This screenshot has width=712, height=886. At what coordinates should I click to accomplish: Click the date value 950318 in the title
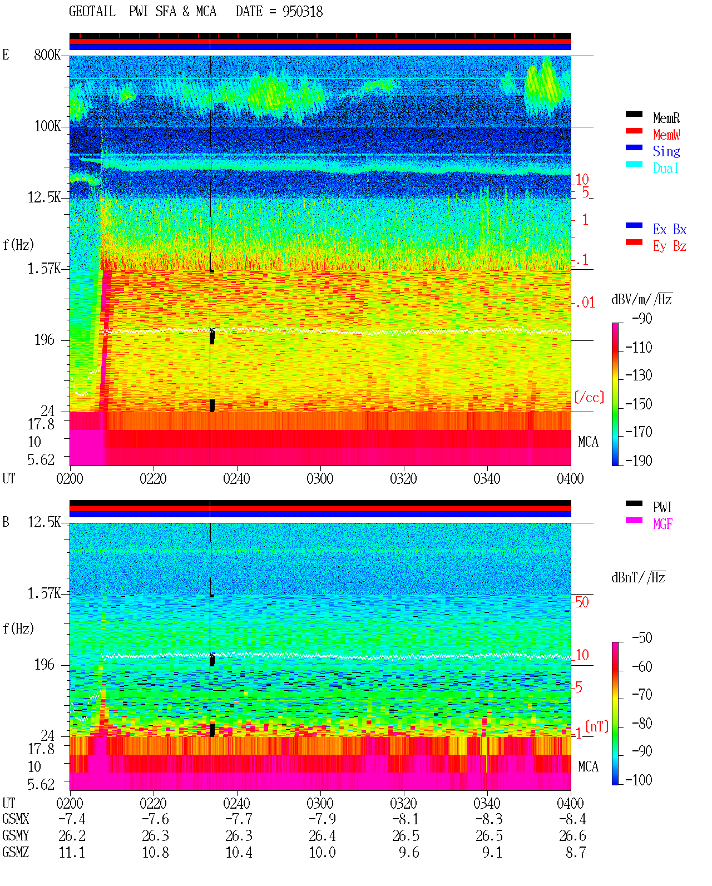tap(302, 12)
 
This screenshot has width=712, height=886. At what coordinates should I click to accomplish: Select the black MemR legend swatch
tap(634, 114)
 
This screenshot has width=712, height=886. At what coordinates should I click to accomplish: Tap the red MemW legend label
tap(666, 134)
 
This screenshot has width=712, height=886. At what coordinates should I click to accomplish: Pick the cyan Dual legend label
tap(665, 168)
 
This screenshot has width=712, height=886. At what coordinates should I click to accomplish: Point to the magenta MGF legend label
tap(662, 524)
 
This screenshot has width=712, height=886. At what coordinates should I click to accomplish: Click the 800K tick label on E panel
tap(47, 55)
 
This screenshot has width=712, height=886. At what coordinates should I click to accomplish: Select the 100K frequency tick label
tap(47, 126)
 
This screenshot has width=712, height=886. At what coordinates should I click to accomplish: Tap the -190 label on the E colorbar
tap(639, 461)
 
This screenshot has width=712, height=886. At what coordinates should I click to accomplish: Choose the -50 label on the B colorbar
tap(642, 638)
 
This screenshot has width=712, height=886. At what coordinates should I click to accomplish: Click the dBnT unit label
tap(638, 578)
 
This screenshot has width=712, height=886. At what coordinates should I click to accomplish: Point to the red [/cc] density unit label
tap(589, 397)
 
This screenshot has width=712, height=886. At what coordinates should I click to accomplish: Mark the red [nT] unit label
tap(597, 726)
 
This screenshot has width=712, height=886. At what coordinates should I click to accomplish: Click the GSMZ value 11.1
tap(72, 852)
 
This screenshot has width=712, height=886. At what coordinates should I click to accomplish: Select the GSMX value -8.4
tap(572, 819)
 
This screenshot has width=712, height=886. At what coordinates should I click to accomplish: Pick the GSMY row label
tap(16, 835)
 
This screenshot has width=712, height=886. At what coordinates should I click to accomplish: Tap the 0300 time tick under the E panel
tap(320, 478)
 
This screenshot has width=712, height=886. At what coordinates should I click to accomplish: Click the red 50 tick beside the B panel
tap(582, 602)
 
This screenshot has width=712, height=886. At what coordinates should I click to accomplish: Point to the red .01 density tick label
tap(585, 303)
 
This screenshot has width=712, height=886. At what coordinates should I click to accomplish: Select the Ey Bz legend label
tap(670, 246)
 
